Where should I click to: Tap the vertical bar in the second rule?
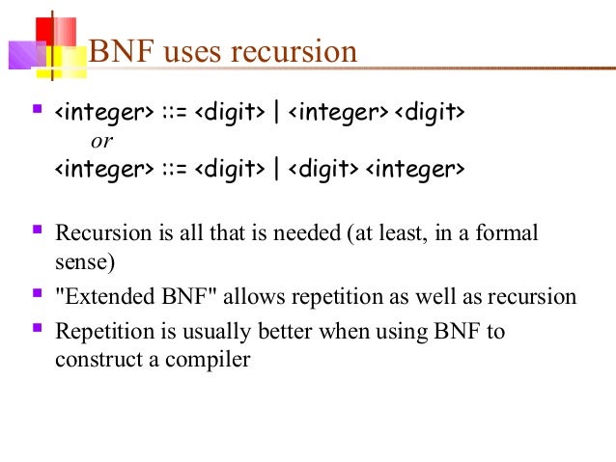277,171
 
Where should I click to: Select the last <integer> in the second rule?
413,171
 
